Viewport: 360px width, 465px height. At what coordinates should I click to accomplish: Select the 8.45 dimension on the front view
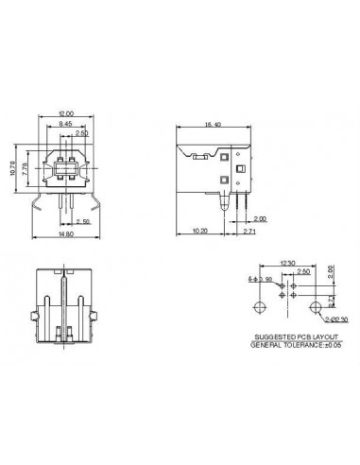pyautogui.click(x=66, y=125)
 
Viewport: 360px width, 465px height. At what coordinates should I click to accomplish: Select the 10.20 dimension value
pyautogui.click(x=200, y=230)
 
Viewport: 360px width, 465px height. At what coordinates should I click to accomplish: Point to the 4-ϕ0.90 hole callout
pyautogui.click(x=258, y=280)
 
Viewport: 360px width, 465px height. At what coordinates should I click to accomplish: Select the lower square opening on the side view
pyautogui.click(x=222, y=181)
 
